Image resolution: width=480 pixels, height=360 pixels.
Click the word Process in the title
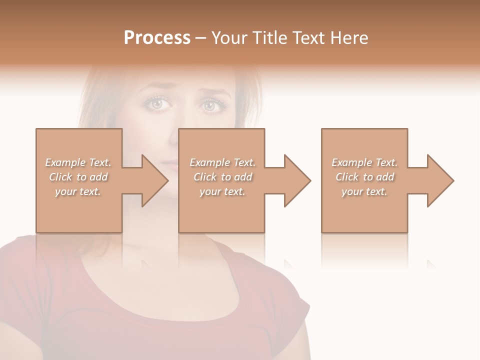pyautogui.click(x=157, y=38)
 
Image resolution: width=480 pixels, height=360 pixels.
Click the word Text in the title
pyautogui.click(x=308, y=38)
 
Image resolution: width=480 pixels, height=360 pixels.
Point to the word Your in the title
pyautogui.click(x=230, y=38)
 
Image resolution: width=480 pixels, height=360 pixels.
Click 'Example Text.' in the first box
pyautogui.click(x=78, y=162)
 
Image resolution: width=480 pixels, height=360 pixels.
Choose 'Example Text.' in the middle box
pyautogui.click(x=222, y=162)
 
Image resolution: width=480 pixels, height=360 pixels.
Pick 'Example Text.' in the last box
pyautogui.click(x=364, y=162)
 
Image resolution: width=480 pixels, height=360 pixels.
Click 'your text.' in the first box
pyautogui.click(x=78, y=191)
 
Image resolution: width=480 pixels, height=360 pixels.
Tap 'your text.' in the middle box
pyautogui.click(x=222, y=191)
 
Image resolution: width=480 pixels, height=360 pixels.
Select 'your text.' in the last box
pyautogui.click(x=364, y=191)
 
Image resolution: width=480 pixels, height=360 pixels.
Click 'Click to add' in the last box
pyautogui.click(x=364, y=177)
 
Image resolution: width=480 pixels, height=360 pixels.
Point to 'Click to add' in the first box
pyautogui.click(x=78, y=177)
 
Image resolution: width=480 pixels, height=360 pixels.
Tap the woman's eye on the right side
pyautogui.click(x=208, y=105)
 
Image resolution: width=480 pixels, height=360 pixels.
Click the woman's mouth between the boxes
pyautogui.click(x=171, y=163)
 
